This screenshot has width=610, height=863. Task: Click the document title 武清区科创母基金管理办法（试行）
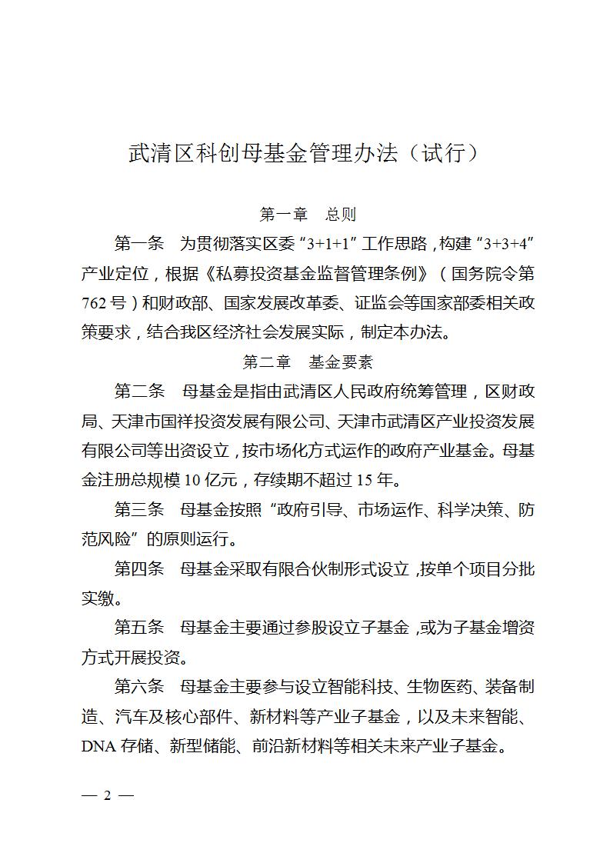point(305,153)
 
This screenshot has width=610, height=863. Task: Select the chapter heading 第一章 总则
point(308,214)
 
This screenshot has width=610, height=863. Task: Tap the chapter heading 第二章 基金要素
point(308,362)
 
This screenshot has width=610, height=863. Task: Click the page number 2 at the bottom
point(108,795)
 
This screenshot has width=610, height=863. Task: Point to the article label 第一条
point(139,245)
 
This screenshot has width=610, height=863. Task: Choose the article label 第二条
point(139,392)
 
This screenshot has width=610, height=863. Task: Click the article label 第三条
point(139,509)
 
